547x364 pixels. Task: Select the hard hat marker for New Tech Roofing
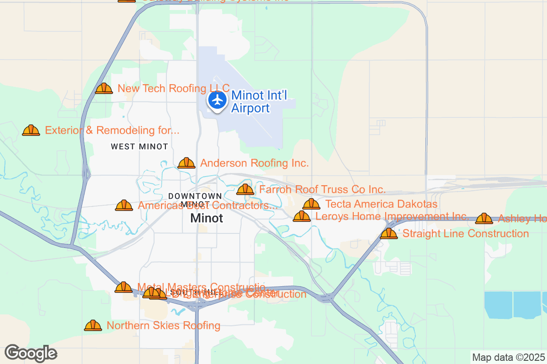coord(104,88)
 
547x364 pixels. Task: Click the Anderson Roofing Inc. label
coord(254,163)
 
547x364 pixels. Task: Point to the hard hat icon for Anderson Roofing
coord(186,163)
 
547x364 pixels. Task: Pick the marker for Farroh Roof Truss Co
coord(245,189)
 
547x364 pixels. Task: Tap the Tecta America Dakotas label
coord(382,204)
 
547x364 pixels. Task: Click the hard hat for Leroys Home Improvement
coord(301,216)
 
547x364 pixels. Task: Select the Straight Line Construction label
coord(465,233)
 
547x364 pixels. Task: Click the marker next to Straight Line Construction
coord(388,233)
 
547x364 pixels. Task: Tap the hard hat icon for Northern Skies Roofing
coord(93,325)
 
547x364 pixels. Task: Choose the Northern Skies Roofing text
coord(163,325)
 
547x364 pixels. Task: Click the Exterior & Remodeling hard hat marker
coord(31,131)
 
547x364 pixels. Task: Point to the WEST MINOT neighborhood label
coord(139,147)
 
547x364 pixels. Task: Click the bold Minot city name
coord(207,218)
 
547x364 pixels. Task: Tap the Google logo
coord(31,353)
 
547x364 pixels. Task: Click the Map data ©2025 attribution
coord(508,357)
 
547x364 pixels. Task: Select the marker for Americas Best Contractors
coord(124,205)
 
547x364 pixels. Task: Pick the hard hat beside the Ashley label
coord(484,219)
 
